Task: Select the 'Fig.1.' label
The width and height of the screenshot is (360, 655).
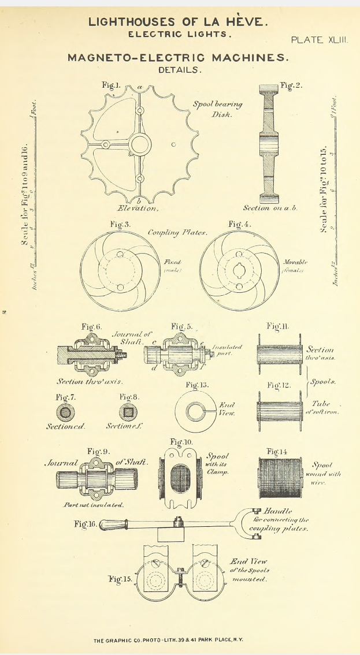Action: pyautogui.click(x=112, y=85)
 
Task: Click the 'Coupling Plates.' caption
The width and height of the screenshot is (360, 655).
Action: pyautogui.click(x=178, y=233)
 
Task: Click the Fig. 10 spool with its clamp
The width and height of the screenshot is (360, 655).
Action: pyautogui.click(x=181, y=478)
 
